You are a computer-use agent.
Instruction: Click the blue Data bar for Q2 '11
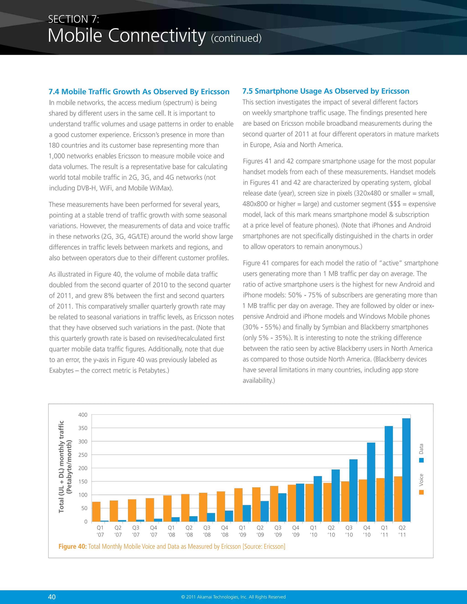406,470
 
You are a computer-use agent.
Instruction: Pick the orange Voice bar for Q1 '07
96,512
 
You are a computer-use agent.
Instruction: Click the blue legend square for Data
421,460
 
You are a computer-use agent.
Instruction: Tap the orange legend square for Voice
421,492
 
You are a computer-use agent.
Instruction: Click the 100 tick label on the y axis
83,495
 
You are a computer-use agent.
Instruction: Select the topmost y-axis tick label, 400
83,415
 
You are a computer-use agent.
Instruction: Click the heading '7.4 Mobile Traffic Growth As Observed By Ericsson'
139,92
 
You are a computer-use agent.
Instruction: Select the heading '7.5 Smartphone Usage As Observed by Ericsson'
326,91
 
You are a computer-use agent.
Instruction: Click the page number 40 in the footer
52,597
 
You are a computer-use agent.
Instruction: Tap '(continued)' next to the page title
236,38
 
